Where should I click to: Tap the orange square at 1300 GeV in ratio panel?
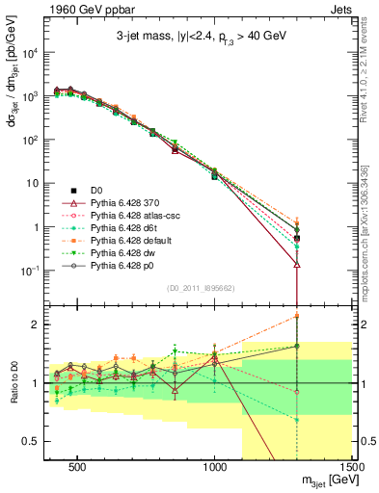pyautogui.click(x=297, y=316)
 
